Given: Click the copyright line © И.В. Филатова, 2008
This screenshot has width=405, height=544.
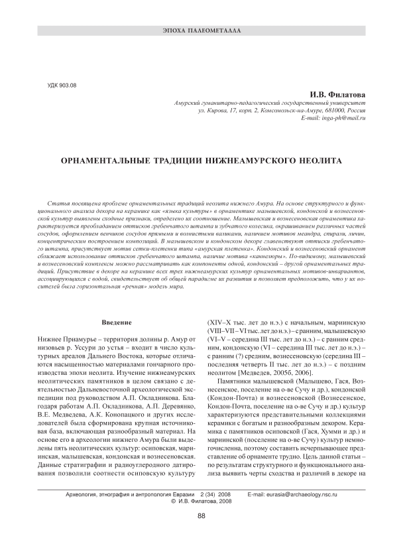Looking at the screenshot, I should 202,503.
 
